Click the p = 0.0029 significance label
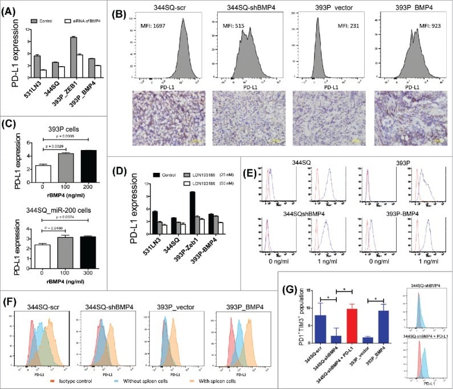pos(59,147)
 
